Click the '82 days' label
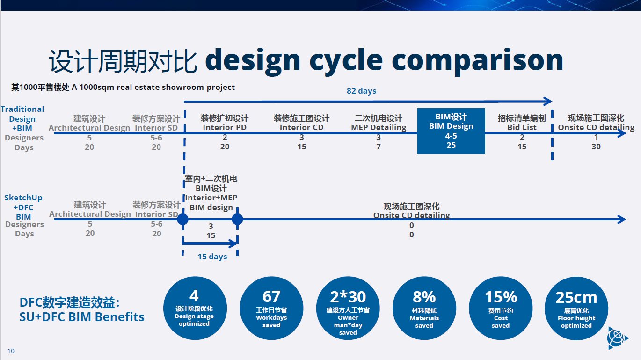point(361,91)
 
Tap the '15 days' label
point(212,257)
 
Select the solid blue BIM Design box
point(451,131)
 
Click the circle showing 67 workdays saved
point(271,308)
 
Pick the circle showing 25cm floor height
point(576,308)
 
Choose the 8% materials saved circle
point(424,308)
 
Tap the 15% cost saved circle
point(501,308)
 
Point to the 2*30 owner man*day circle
point(348,308)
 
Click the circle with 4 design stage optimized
point(195,308)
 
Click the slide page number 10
point(11,351)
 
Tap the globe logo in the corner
point(618,338)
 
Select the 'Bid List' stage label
point(522,127)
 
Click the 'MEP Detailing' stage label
point(379,127)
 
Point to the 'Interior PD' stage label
point(225,127)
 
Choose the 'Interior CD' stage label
point(302,127)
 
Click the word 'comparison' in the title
point(477,61)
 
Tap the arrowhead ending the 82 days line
point(548,102)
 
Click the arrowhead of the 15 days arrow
point(233,244)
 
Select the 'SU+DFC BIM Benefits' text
point(82,317)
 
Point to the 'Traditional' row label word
point(22,109)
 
